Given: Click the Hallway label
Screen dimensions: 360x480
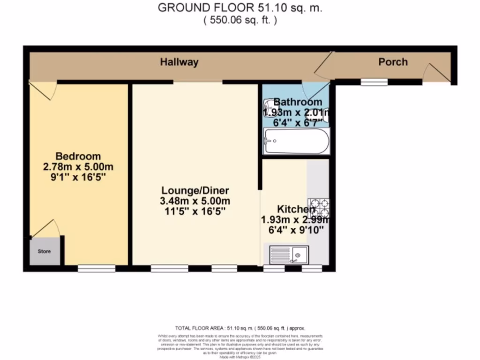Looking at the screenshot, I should [179, 62].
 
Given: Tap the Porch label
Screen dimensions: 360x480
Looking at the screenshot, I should [393, 62].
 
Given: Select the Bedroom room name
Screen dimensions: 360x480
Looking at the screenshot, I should [78, 156].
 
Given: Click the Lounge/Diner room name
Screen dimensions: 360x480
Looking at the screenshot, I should [195, 191].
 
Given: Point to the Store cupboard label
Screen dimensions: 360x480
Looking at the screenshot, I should [44, 252].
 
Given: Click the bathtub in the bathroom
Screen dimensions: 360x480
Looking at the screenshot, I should [296, 141].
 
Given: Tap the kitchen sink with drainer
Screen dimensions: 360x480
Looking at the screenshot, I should [289, 255].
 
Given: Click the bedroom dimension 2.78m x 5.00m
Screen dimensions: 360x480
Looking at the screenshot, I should [78, 167].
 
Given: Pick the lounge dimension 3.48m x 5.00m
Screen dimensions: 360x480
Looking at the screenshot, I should [195, 201].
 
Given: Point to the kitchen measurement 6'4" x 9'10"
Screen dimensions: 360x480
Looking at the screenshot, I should [295, 230].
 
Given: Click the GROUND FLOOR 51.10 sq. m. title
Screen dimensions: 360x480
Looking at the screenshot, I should [240, 8].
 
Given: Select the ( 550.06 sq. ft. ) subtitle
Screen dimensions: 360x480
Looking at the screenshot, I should [240, 20].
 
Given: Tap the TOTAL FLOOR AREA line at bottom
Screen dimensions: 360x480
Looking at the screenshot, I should [240, 328].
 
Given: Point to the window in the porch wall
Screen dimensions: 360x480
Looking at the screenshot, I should [374, 82].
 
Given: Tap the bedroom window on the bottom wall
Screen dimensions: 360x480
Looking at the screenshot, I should [97, 268].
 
